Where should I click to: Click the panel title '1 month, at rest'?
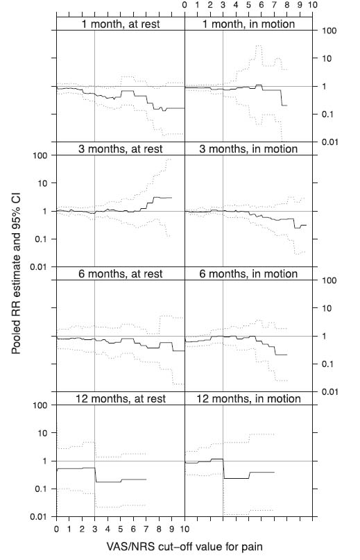120,24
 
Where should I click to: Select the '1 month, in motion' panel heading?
248,24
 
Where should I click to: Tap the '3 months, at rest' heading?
120,149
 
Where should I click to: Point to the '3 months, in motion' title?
248,149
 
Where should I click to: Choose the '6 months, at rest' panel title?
120,274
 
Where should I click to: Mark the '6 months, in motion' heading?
248,274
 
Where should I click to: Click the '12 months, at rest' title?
120,399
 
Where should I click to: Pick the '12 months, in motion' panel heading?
248,399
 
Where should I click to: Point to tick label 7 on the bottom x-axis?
146,529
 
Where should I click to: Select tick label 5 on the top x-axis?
249,6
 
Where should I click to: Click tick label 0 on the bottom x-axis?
56,529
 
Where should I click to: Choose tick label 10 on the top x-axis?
314,6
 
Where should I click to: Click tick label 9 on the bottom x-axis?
172,529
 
